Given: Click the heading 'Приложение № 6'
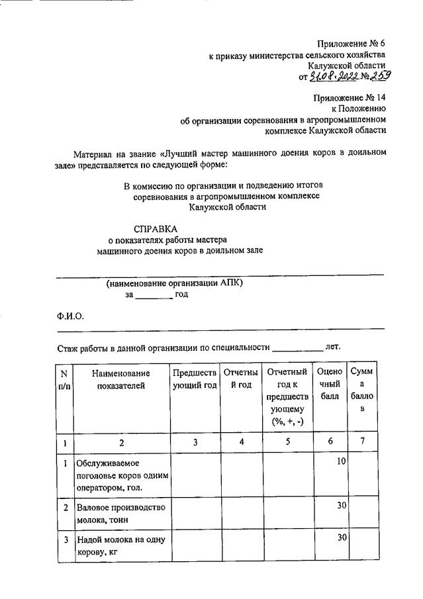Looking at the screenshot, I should (350, 43).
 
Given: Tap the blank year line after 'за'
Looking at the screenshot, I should (154, 296).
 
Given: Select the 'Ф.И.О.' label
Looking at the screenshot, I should (70, 316).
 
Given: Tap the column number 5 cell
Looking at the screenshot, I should (288, 443).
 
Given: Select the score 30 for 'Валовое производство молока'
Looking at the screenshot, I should (341, 506).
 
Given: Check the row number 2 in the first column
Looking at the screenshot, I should (65, 507).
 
